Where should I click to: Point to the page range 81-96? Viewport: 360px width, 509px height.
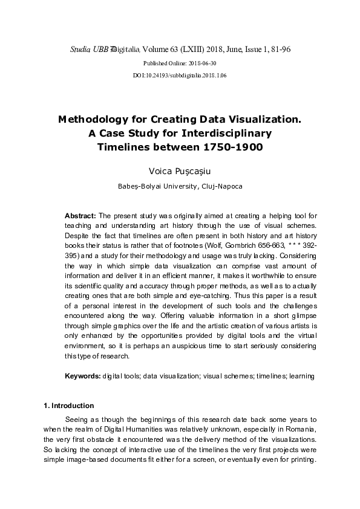pyautogui.click(x=278, y=48)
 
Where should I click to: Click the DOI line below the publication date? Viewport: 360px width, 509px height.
pyautogui.click(x=179, y=76)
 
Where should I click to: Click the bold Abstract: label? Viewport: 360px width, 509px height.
pyautogui.click(x=80, y=216)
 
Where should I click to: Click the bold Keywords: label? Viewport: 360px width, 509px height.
pyautogui.click(x=82, y=376)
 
